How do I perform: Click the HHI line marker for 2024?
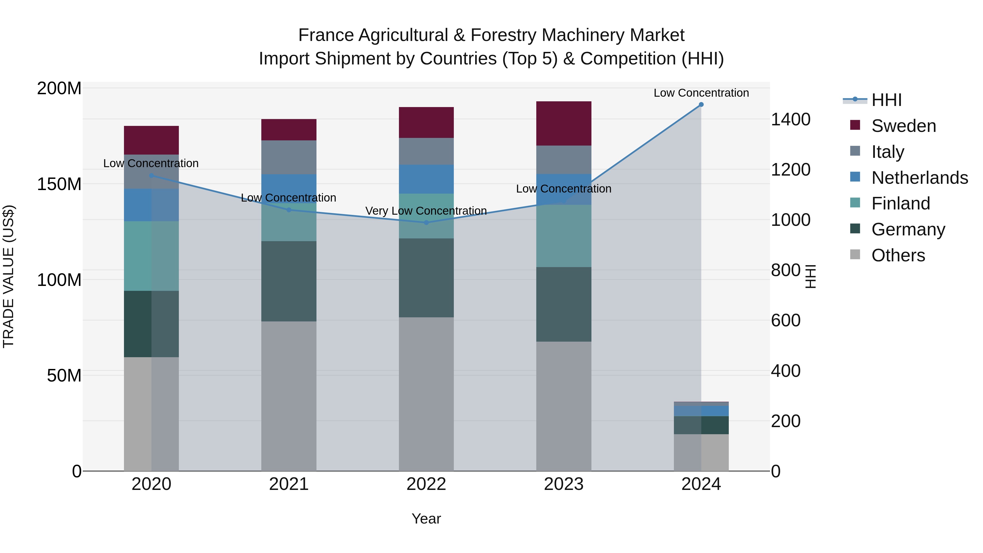tap(701, 105)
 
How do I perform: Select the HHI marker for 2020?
tap(152, 176)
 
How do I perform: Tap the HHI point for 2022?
tap(426, 223)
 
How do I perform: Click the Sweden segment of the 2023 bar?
tap(564, 123)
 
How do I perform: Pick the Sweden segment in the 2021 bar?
tap(289, 130)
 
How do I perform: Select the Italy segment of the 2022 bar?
tap(426, 151)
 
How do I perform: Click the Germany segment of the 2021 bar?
tap(289, 281)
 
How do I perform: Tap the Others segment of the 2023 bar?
tap(564, 406)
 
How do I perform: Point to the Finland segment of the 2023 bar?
tap(564, 236)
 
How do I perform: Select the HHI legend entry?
tap(886, 100)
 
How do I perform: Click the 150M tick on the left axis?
tap(59, 184)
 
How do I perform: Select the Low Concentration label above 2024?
tap(701, 93)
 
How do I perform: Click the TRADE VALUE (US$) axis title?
tap(8, 276)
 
